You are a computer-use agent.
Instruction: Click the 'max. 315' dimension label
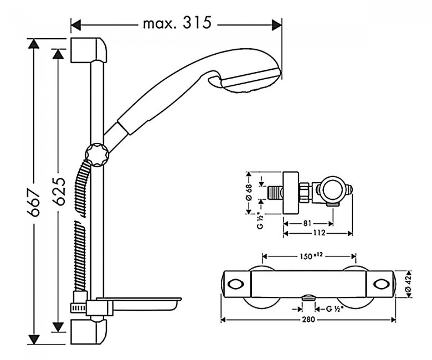click(x=177, y=23)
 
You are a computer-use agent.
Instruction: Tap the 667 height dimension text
click(x=35, y=203)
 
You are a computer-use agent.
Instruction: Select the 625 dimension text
click(x=59, y=192)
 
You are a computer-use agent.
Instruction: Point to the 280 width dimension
click(x=308, y=320)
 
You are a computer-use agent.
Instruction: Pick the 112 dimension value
click(x=319, y=233)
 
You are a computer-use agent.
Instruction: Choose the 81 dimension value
click(x=307, y=223)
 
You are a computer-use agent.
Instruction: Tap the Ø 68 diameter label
click(x=249, y=192)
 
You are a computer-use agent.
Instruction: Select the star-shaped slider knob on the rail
click(x=97, y=155)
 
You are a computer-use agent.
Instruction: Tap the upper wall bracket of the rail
click(x=88, y=50)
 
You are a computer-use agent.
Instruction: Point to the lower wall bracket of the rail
click(x=88, y=332)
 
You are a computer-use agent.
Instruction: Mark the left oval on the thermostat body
click(x=235, y=284)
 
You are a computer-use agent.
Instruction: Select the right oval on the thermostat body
click(x=382, y=284)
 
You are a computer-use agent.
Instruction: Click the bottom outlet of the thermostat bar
click(x=308, y=297)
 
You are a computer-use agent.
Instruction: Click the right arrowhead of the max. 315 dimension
click(x=277, y=25)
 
